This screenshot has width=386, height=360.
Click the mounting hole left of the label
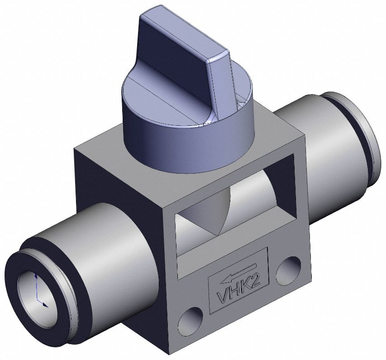coord(191,319)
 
